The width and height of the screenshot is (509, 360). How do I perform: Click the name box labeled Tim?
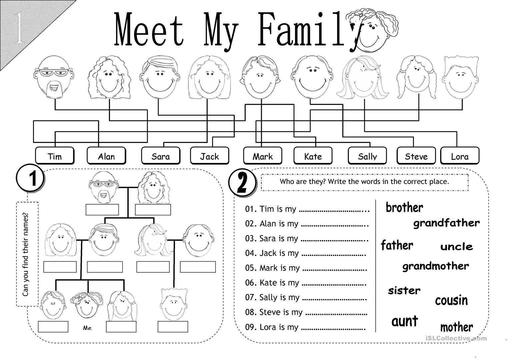click(55, 156)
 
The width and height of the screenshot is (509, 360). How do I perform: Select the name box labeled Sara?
click(161, 156)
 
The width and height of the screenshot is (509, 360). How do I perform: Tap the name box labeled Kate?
click(313, 156)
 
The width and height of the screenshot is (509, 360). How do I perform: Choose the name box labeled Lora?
click(460, 156)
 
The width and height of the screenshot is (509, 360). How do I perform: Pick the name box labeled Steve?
click(416, 156)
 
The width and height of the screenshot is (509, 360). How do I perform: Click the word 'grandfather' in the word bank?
click(446, 223)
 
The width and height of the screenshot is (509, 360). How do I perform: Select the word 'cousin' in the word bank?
click(451, 300)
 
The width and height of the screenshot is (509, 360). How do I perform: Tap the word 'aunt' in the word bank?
click(405, 321)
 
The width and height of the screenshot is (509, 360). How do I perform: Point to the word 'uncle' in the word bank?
click(457, 247)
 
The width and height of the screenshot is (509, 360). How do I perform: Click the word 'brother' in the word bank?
click(404, 207)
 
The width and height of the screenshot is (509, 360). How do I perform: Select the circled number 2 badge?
click(242, 183)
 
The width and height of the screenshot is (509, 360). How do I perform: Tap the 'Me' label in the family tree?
click(87, 328)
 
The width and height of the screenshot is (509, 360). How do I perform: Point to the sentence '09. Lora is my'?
click(272, 327)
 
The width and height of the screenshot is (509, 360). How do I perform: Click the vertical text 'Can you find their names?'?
click(25, 254)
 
